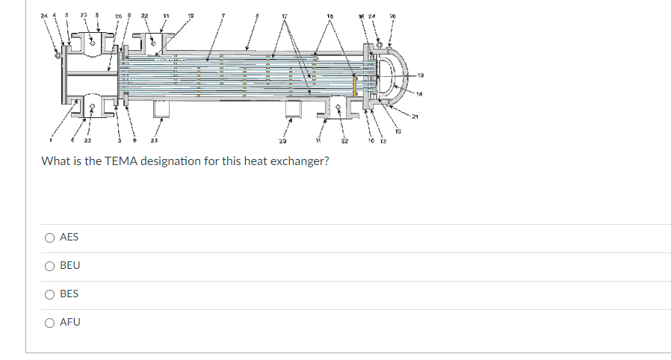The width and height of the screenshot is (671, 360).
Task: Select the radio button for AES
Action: tap(49, 238)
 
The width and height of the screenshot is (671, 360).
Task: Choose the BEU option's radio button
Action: tap(49, 266)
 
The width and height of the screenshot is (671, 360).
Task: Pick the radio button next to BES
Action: tap(49, 294)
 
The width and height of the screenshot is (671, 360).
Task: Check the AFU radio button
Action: tap(49, 323)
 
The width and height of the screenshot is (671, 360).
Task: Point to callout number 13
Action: tap(441, 75)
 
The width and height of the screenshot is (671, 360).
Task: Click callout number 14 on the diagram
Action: tap(441, 93)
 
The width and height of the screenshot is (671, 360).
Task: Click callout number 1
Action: tap(52, 139)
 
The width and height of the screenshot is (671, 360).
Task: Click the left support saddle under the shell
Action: tap(161, 109)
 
